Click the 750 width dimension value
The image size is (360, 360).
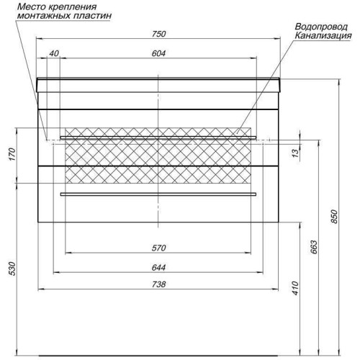158,34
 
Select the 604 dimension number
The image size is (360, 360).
158,53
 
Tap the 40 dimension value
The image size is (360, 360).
54,53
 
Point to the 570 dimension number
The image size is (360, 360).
158,248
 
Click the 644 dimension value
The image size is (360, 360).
158,267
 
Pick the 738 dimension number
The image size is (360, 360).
158,284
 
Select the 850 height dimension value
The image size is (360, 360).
334,217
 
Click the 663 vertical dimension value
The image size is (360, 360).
314,247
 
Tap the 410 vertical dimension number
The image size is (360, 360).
295,288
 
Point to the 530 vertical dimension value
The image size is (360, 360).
12,269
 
